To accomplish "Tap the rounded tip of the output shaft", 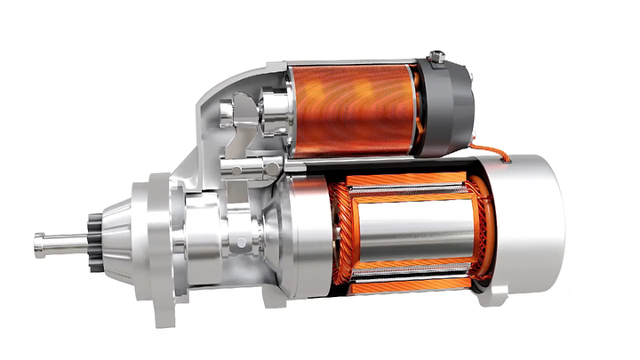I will pos(38,244).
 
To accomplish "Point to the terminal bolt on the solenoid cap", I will pos(436,58).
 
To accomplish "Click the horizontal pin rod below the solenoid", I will pos(244,166).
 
